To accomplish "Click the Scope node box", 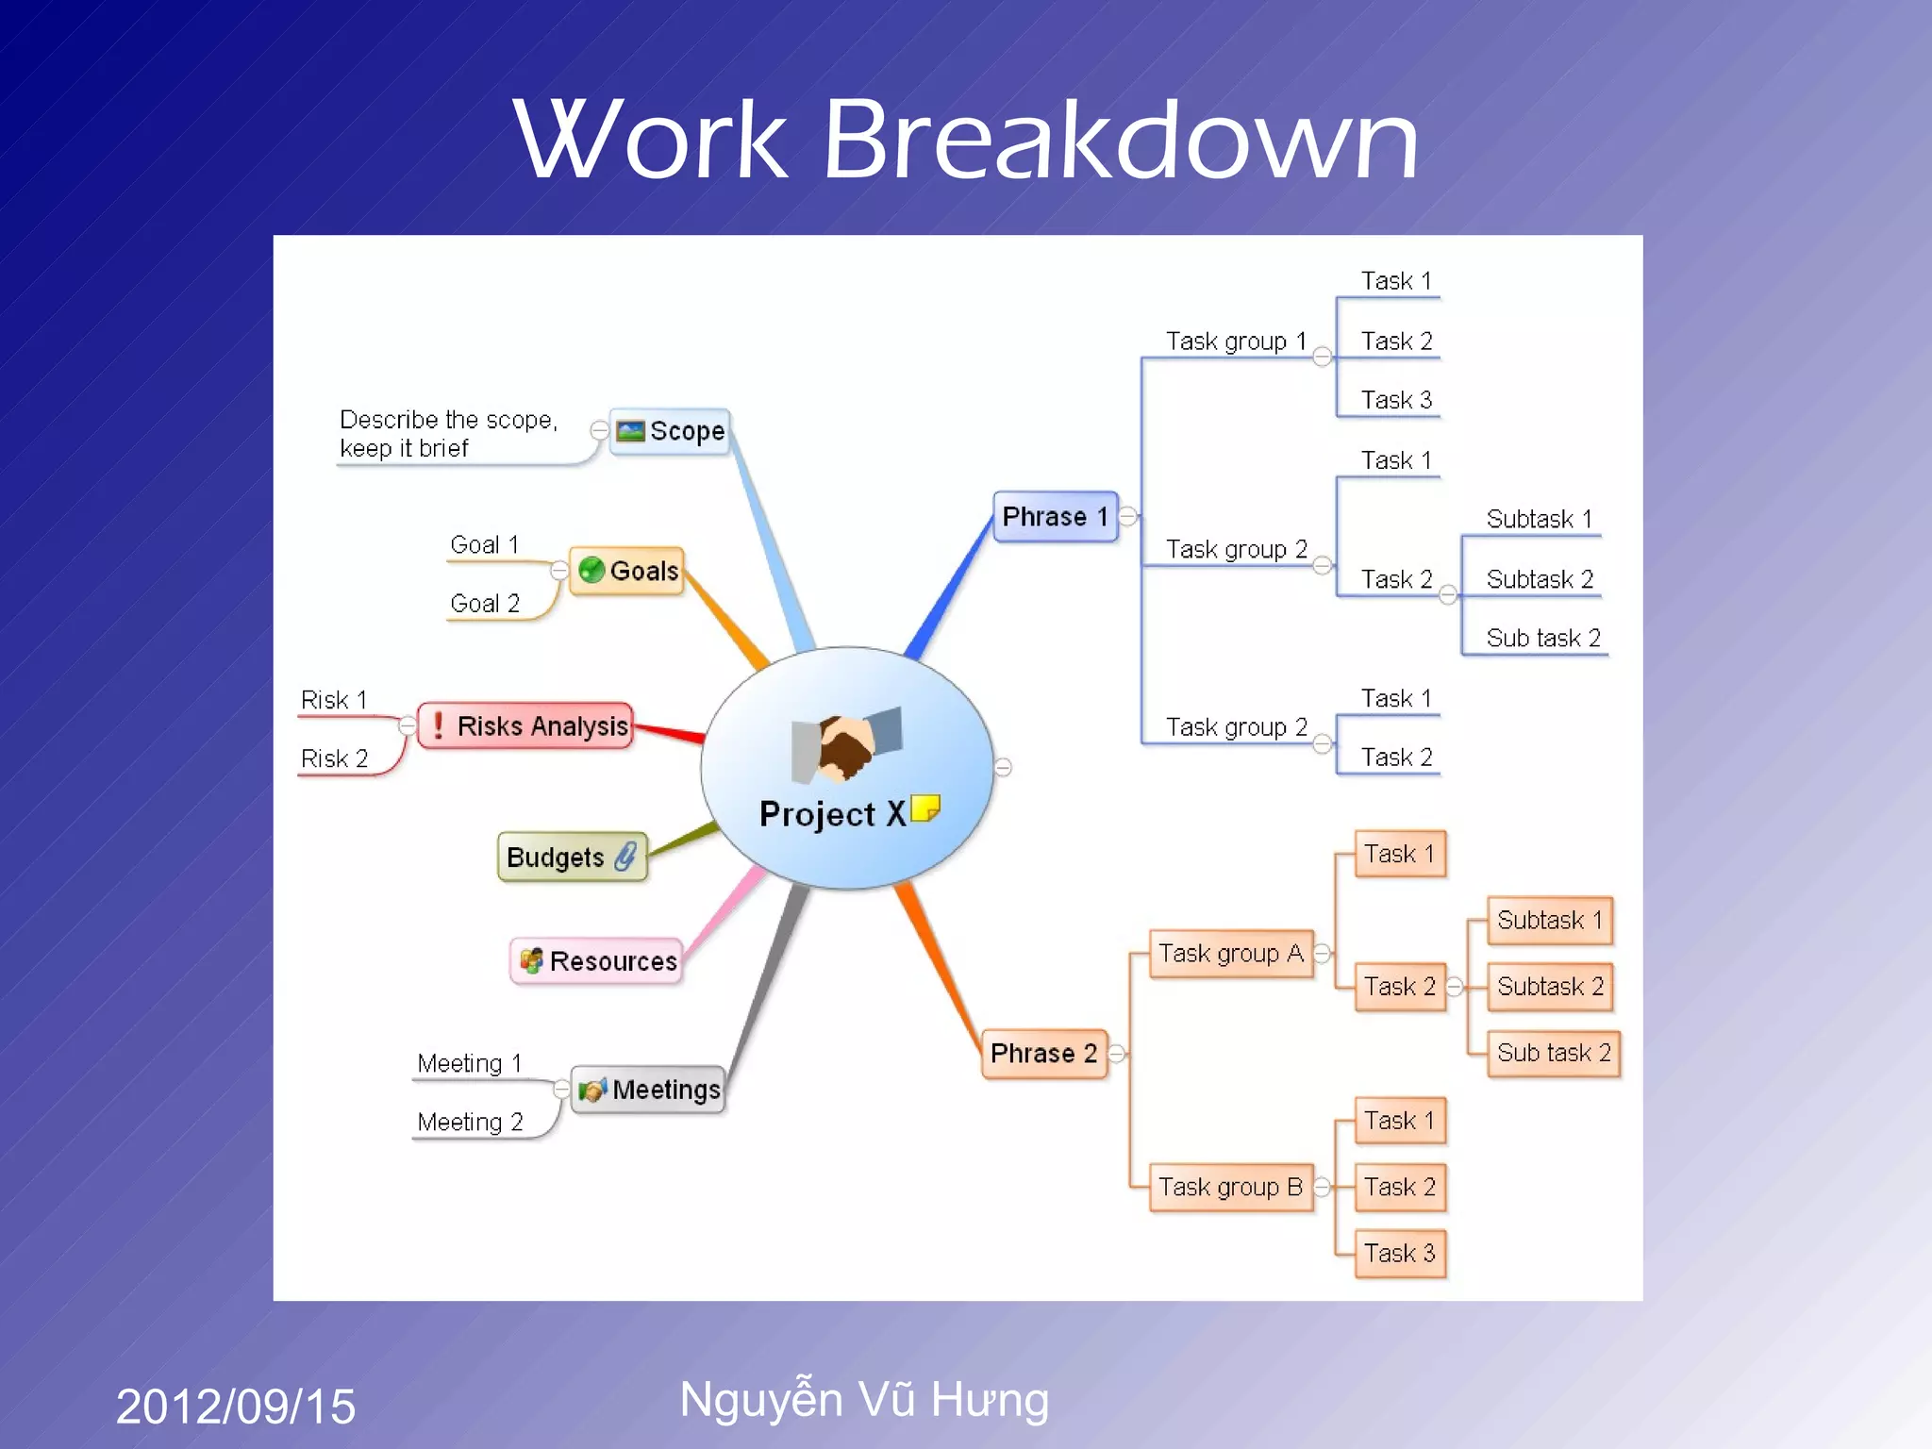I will (670, 432).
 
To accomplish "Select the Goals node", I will (626, 571).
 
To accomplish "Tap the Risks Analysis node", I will (525, 725).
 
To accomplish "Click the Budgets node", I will (572, 857).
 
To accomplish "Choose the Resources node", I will (596, 960).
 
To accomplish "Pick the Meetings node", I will (648, 1090).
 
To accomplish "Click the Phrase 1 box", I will (1055, 517).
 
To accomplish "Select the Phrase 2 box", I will (1043, 1053).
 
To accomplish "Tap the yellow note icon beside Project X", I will (925, 808).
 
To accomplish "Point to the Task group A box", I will (1230, 954).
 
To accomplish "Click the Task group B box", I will (1230, 1187).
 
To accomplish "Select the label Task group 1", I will (1236, 341).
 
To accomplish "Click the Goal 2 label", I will (485, 604).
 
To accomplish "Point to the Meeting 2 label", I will (470, 1122).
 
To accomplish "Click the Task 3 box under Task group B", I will (1399, 1253).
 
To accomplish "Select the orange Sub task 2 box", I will (1553, 1053).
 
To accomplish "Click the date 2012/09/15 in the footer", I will (236, 1406).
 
